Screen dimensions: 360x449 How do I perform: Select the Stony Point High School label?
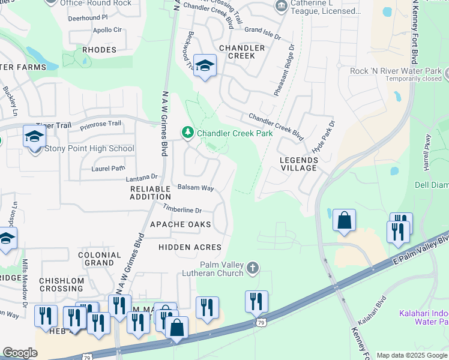point(89,149)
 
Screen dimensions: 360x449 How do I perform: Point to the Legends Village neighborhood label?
point(298,164)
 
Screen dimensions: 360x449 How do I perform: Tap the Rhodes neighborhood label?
point(99,50)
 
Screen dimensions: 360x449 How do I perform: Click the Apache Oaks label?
point(181,224)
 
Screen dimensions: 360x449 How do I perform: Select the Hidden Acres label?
point(190,247)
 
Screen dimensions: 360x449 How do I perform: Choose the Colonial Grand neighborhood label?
point(99,259)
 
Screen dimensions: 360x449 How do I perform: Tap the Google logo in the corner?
point(20,353)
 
